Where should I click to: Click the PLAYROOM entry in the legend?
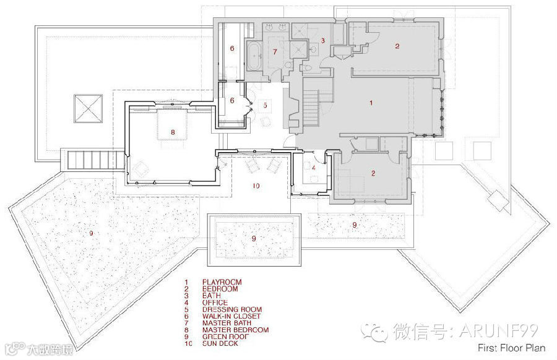pyautogui.click(x=221, y=282)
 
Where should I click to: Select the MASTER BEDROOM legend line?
pyautogui.click(x=235, y=330)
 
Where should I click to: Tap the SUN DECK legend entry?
pyautogui.click(x=220, y=343)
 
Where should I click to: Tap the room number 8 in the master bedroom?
pyautogui.click(x=173, y=132)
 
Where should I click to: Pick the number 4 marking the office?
pyautogui.click(x=314, y=167)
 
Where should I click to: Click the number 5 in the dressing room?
pyautogui.click(x=264, y=105)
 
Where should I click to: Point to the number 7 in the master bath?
pyautogui.click(x=275, y=51)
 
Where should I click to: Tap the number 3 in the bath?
pyautogui.click(x=323, y=40)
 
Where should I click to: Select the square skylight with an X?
pyautogui.click(x=87, y=109)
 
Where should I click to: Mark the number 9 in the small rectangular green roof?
pyautogui.click(x=253, y=238)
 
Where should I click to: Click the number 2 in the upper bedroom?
pyautogui.click(x=397, y=45)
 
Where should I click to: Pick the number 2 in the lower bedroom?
pyautogui.click(x=373, y=173)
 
